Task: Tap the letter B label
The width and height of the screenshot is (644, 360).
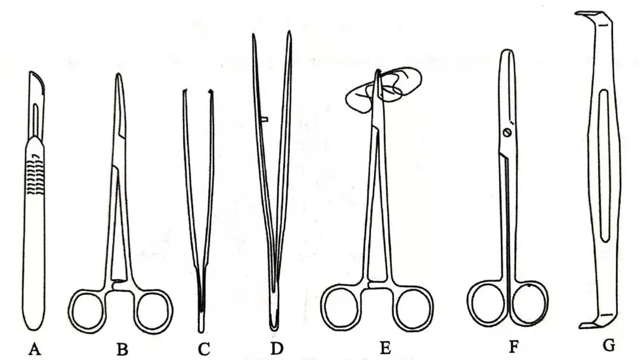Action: coord(122,349)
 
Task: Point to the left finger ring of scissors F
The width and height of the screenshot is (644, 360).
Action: coord(487,303)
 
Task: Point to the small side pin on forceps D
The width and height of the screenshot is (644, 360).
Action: coord(264,119)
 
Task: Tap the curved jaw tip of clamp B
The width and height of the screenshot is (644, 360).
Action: coord(119,77)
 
